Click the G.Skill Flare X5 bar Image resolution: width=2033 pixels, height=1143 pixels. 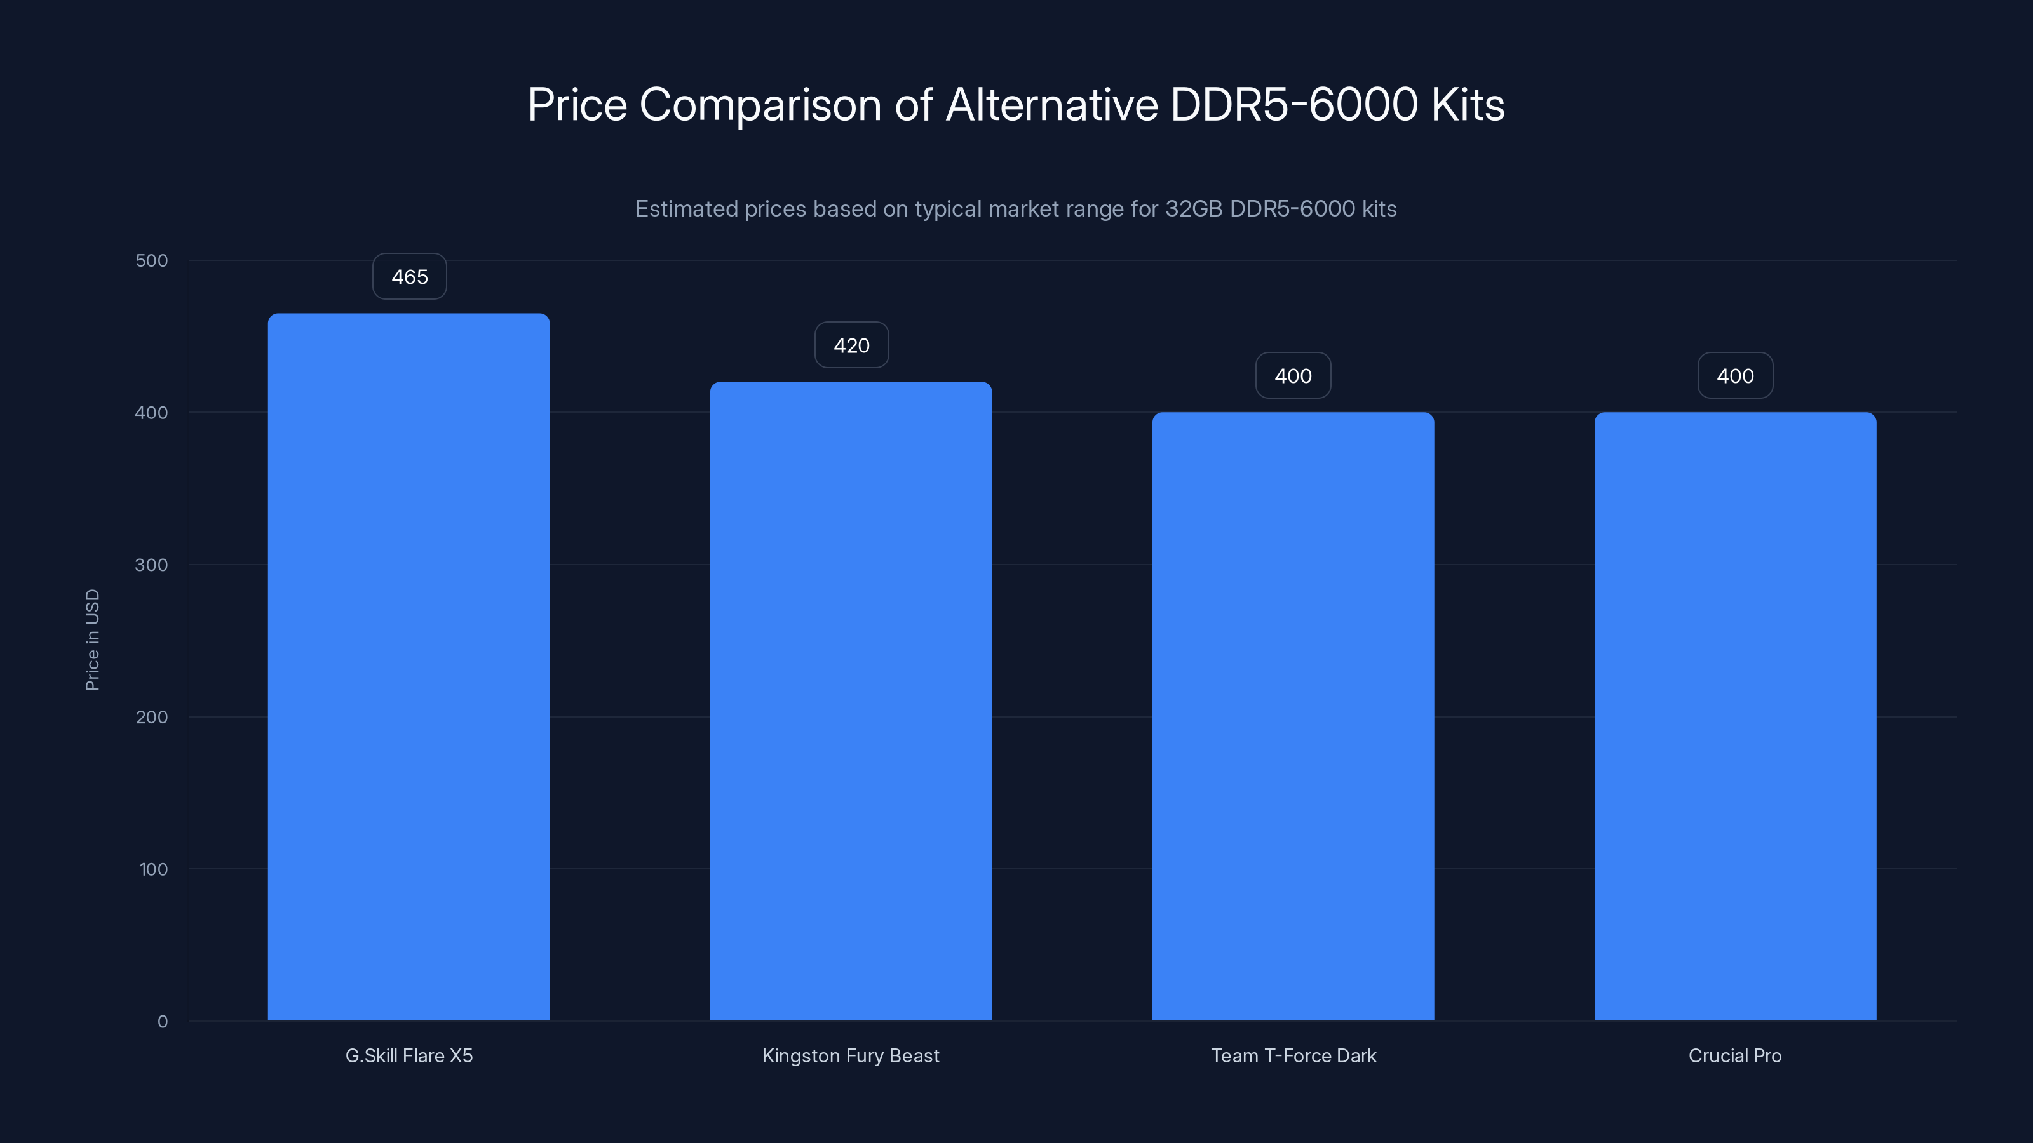tap(409, 667)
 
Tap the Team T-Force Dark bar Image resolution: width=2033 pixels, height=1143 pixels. tap(1293, 716)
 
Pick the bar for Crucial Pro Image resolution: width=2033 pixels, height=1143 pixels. tap(1734, 716)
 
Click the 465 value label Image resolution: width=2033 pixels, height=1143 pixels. tap(410, 277)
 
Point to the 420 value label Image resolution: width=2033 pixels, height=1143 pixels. tap(851, 345)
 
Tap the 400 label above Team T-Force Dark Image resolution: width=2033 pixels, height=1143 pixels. tap(1293, 377)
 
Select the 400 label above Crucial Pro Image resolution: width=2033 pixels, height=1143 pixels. tap(1734, 377)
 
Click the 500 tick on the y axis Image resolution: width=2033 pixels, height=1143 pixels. tap(152, 260)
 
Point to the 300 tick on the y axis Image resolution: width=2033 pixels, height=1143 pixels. tap(152, 565)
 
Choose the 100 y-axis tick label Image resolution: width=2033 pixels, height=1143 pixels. tap(153, 869)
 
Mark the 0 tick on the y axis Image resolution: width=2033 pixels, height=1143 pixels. tap(163, 1022)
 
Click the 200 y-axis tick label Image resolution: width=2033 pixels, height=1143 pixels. tap(152, 717)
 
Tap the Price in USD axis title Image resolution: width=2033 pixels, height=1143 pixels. tap(92, 639)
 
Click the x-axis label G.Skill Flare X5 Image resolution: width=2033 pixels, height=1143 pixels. tap(409, 1055)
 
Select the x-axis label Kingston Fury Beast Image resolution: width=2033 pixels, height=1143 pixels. tap(851, 1055)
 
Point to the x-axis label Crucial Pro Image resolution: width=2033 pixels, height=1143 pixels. tap(1734, 1055)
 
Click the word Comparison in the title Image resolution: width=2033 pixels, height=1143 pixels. tap(760, 105)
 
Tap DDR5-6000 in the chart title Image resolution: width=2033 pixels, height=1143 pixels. tap(1293, 105)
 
